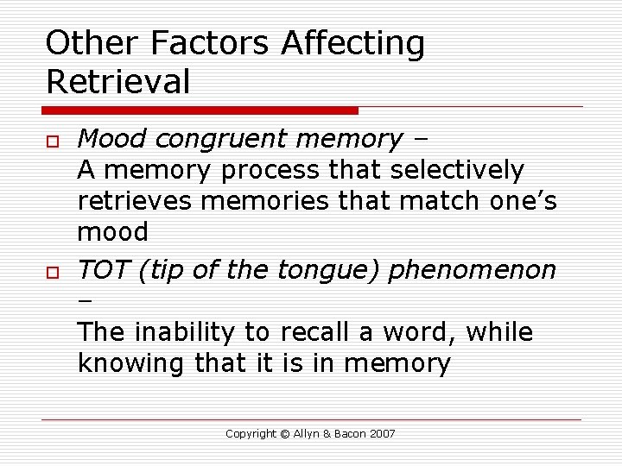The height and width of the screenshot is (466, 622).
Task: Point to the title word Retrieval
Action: pyautogui.click(x=118, y=82)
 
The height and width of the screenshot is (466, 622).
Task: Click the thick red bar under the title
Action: pyautogui.click(x=200, y=110)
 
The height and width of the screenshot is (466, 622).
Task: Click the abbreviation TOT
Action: pyautogui.click(x=102, y=270)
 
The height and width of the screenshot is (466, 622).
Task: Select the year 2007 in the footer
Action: pyautogui.click(x=381, y=434)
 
